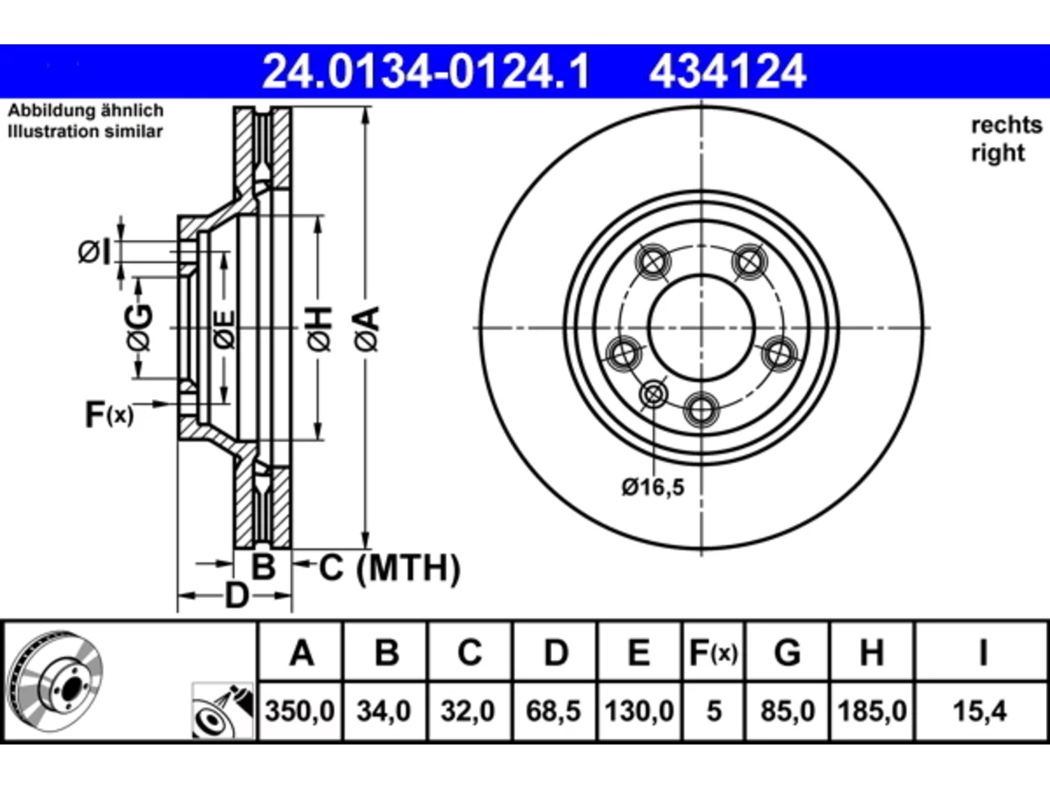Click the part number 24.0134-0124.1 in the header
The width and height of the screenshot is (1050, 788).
click(427, 71)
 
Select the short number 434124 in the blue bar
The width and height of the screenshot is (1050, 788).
click(728, 71)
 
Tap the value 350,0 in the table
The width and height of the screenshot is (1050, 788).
click(300, 711)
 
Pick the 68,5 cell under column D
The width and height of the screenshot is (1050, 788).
click(554, 711)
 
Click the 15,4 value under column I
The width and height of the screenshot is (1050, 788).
click(979, 711)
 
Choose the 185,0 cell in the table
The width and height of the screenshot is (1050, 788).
click(872, 711)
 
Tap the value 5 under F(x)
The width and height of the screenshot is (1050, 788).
click(714, 711)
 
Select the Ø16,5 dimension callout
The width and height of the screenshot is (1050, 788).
click(654, 488)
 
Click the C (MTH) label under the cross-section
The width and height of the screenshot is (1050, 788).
click(390, 568)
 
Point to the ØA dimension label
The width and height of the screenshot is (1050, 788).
click(367, 329)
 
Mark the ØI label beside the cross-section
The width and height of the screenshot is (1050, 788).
click(94, 252)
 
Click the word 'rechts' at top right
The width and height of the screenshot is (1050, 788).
click(1007, 126)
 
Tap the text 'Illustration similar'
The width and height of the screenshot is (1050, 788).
click(85, 131)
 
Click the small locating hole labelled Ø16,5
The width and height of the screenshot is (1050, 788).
click(653, 395)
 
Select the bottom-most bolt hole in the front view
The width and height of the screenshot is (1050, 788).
click(701, 410)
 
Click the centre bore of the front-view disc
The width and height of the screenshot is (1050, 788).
click(701, 328)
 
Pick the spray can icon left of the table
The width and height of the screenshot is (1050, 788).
click(223, 711)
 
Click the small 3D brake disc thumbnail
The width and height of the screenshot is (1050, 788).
click(55, 682)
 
